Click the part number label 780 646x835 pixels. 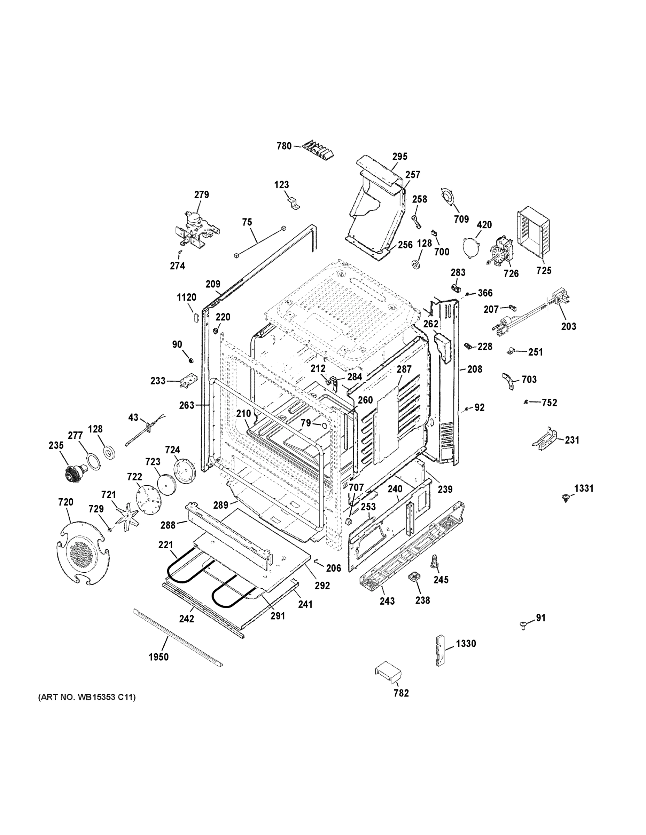(284, 146)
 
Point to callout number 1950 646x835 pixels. (158, 657)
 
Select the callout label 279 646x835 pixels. (201, 194)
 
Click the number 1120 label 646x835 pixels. (186, 297)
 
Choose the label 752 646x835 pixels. (549, 403)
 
